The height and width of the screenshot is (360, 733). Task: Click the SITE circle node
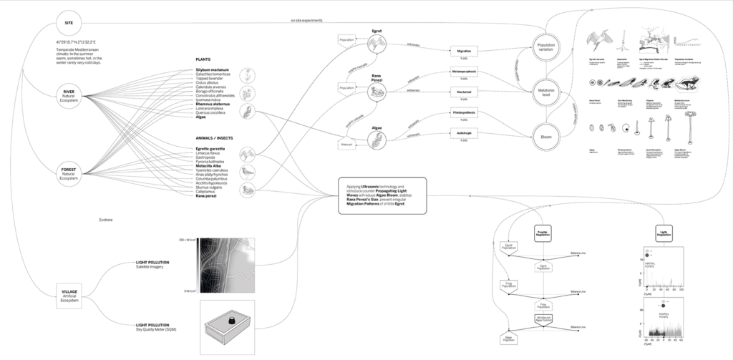tap(69, 24)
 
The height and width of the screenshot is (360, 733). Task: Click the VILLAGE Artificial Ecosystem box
tap(69, 294)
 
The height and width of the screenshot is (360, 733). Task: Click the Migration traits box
tap(465, 52)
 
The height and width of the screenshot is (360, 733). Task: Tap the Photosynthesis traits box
tap(465, 113)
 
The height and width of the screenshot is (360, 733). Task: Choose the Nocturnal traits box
tap(465, 92)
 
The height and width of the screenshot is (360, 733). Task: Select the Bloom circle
tap(545, 135)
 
